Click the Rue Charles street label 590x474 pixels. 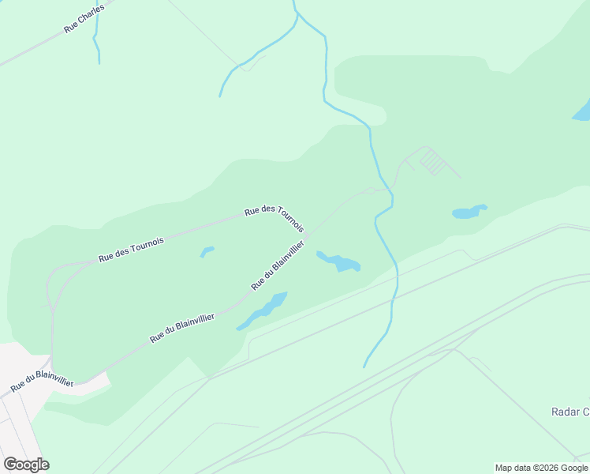84,18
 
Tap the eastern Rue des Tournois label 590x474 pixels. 274,218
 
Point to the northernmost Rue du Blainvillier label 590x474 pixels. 277,265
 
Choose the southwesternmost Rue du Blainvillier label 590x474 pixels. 42,381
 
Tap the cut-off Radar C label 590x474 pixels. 569,412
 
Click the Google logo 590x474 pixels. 26,465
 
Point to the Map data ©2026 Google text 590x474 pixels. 542,468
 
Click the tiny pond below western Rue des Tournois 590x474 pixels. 207,252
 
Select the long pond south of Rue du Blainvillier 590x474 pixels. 263,310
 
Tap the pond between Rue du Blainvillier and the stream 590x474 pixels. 340,261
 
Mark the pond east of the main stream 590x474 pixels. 469,212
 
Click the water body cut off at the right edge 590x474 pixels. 582,111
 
